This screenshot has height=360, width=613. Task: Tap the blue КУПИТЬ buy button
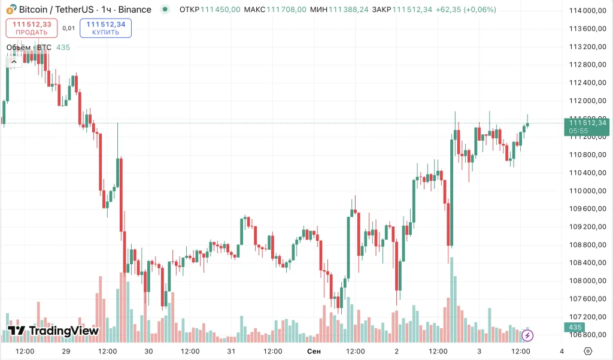(105, 28)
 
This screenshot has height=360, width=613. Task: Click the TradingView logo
(53, 331)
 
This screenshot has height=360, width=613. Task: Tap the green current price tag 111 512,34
(587, 126)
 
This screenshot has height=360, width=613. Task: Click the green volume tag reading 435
(575, 327)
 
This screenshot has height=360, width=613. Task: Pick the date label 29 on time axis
(66, 351)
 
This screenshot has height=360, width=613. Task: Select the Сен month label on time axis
(314, 351)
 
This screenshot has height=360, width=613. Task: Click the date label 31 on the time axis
(231, 351)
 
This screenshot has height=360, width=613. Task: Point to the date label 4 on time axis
(562, 351)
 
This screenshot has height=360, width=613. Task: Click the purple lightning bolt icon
(528, 335)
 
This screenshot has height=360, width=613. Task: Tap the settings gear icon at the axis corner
(588, 351)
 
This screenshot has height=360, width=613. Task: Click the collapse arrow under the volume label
(13, 60)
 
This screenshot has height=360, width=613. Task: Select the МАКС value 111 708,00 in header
(286, 10)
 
